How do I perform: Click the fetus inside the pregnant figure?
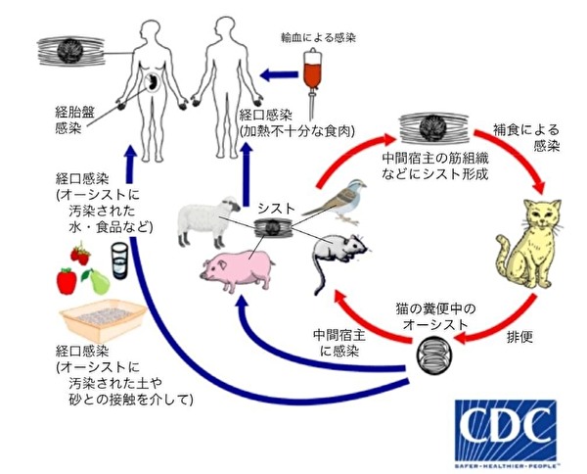click(154, 83)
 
